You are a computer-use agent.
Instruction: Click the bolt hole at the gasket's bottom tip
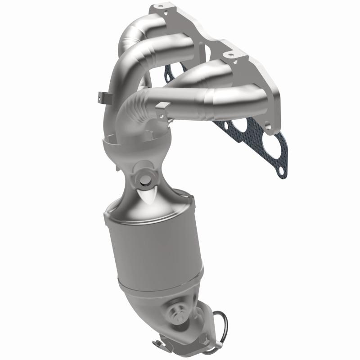tap(281, 171)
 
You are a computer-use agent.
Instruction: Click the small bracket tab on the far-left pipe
tap(102, 97)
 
